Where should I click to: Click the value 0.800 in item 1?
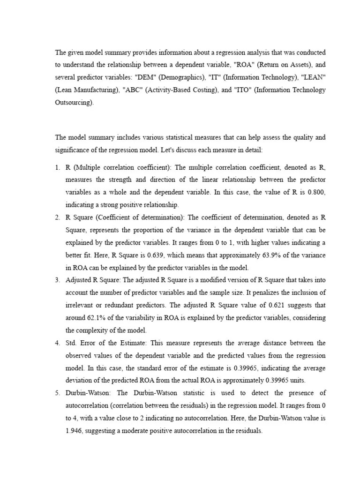(315, 192)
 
